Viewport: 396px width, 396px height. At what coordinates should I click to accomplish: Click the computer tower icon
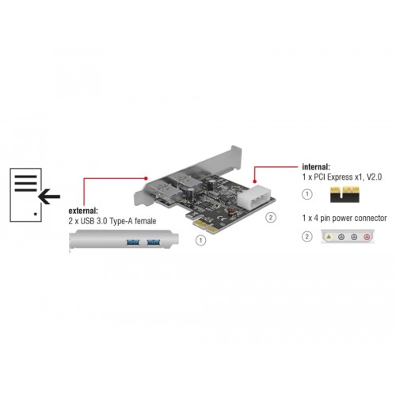coord(25,195)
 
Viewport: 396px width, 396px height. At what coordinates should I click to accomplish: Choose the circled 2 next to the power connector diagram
coord(307,236)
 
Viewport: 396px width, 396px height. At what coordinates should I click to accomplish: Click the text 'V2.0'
coord(376,178)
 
